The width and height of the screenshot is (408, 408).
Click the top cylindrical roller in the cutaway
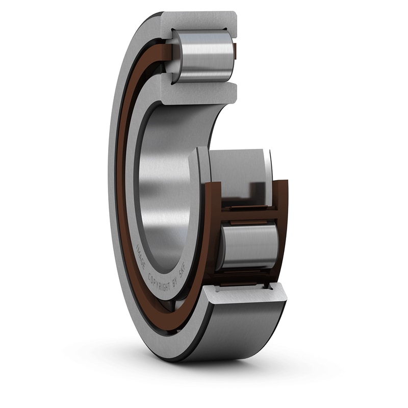click(x=204, y=55)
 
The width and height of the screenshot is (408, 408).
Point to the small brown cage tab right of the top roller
click(x=235, y=50)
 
